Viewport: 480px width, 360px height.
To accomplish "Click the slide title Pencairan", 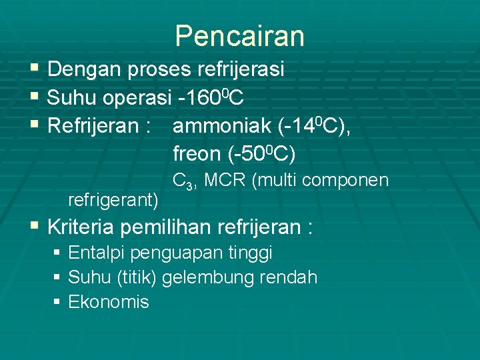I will (239, 36).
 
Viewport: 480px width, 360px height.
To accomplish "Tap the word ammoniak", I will (221, 126).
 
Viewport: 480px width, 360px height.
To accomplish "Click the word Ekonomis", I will (109, 302).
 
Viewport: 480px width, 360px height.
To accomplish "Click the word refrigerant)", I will (113, 199).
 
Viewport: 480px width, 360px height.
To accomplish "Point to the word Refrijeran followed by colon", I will (92, 126).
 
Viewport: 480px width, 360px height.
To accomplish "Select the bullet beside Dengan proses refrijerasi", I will (35, 69).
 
